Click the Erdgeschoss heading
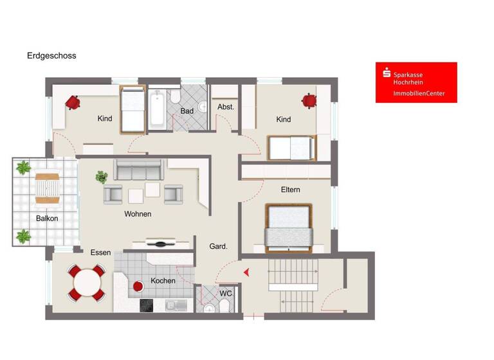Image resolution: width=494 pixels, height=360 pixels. coord(51,56)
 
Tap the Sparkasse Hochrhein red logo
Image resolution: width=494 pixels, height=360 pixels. coord(416,82)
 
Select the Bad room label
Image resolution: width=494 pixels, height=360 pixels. coord(187,111)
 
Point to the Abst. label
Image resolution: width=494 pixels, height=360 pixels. coord(225,107)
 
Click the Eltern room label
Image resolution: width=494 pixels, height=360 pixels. coord(290,190)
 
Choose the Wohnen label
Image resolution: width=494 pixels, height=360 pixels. coord(138,214)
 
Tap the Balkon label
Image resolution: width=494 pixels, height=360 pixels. coord(46,219)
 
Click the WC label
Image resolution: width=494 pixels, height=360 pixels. coord(225,294)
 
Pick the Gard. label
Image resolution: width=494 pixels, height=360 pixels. coord(217,246)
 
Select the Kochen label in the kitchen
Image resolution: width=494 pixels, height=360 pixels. coord(163,281)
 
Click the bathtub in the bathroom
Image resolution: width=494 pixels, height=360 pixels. coord(157,109)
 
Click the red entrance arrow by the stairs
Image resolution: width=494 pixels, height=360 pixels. coord(246,273)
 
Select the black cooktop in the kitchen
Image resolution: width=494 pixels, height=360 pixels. coord(147,305)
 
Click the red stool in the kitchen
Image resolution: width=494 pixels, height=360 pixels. coord(137,285)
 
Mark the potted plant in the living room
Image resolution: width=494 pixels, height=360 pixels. coord(101,177)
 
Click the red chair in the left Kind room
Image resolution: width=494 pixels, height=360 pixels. coord(72,102)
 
